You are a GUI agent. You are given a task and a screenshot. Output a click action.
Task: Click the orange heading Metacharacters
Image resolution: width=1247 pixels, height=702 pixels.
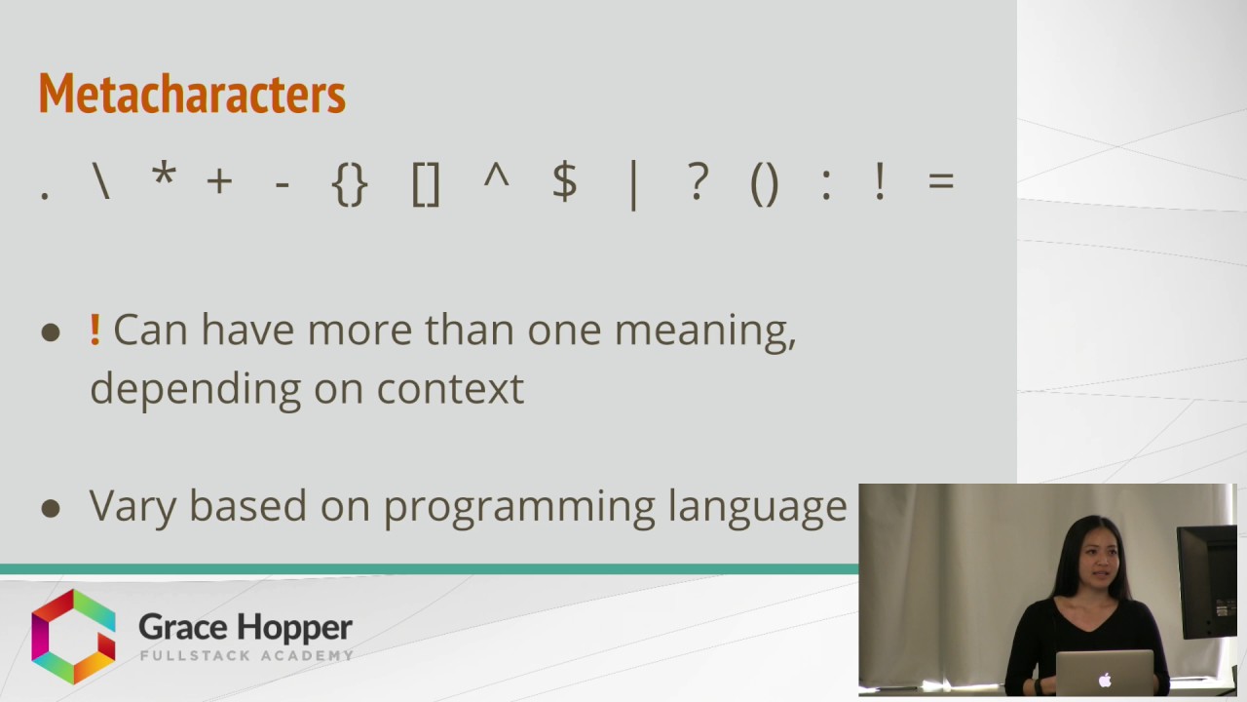tap(192, 95)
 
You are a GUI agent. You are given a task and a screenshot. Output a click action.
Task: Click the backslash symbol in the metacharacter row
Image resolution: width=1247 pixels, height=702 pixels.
tap(101, 181)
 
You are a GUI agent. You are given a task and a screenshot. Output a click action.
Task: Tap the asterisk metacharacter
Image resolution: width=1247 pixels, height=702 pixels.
tap(163, 178)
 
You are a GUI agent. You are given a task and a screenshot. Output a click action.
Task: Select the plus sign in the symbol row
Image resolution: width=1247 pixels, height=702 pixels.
tap(219, 182)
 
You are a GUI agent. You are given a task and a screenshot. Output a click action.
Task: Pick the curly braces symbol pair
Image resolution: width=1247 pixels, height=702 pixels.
tap(350, 183)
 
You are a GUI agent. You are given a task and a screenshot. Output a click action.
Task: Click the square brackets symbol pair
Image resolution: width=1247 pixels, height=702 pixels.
tap(426, 183)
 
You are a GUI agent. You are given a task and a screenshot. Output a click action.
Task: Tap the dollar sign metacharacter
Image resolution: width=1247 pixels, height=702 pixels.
tap(564, 182)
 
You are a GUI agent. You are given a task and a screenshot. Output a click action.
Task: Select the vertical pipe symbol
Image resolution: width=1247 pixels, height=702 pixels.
tap(633, 184)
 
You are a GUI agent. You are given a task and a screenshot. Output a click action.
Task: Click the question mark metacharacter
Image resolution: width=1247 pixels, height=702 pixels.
tap(698, 182)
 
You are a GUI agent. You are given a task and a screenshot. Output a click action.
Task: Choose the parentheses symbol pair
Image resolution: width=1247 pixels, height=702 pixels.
tap(765, 183)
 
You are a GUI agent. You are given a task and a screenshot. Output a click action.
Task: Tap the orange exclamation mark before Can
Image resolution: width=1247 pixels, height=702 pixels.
tap(94, 330)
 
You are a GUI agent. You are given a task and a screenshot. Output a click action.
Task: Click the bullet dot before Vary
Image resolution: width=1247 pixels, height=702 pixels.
tap(51, 508)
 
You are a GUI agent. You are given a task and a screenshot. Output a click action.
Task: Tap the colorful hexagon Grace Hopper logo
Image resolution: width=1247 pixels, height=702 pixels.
tap(73, 637)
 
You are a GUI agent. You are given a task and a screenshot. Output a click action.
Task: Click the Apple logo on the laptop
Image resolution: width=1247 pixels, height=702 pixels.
tap(1104, 680)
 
